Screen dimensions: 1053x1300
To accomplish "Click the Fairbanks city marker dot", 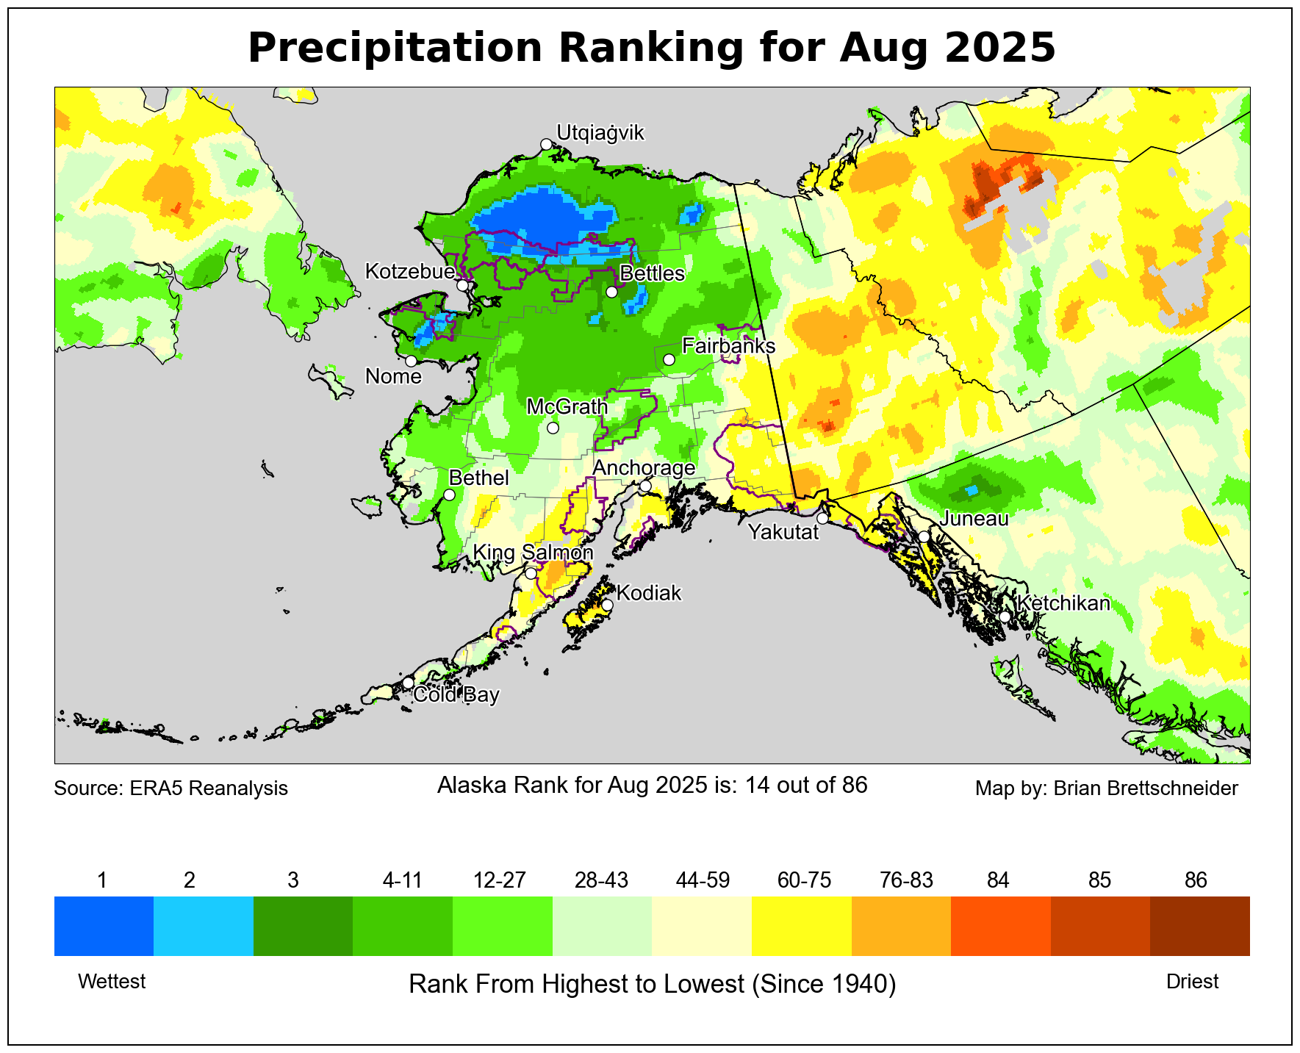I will tap(669, 359).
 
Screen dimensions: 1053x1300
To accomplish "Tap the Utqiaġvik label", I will tap(600, 133).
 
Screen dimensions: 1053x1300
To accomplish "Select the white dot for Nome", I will tap(411, 361).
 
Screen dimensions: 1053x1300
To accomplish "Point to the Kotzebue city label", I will tap(409, 272).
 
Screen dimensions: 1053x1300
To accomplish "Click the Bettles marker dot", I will tap(611, 292).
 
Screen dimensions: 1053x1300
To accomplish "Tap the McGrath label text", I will tap(567, 406).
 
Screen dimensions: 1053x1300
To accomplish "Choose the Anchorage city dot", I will tap(645, 486).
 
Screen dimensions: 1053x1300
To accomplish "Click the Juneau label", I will tap(974, 519).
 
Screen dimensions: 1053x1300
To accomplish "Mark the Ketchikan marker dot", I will tap(1005, 617).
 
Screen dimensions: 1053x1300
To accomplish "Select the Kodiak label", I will tap(648, 593).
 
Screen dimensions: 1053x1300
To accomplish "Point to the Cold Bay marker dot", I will tap(408, 683).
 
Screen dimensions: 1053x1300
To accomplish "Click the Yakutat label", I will tap(783, 532).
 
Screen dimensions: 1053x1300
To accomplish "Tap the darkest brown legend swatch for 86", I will tap(1199, 926).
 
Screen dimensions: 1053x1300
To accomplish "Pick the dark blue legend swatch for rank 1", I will tap(104, 926).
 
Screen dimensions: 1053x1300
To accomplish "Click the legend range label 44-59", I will tap(702, 880).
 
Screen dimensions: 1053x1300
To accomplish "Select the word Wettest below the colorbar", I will tap(112, 982).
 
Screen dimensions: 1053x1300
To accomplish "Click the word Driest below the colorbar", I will tap(1192, 982).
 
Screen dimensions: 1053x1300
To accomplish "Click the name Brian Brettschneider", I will tap(1146, 788).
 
